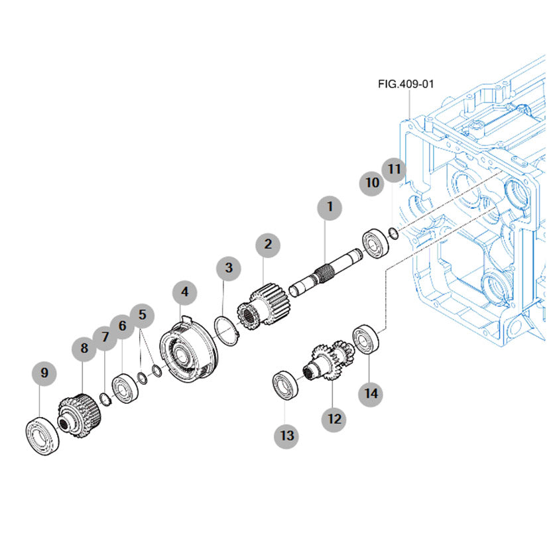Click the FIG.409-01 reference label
pyautogui.click(x=406, y=84)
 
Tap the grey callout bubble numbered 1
pyautogui.click(x=330, y=207)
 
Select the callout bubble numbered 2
pyautogui.click(x=268, y=245)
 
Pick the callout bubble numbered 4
pyautogui.click(x=184, y=292)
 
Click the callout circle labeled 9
pyautogui.click(x=44, y=373)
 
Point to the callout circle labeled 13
pyautogui.click(x=286, y=436)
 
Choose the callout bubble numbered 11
pyautogui.click(x=395, y=169)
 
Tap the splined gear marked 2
pyautogui.click(x=263, y=304)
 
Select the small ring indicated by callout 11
pyautogui.click(x=393, y=231)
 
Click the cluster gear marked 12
pyautogui.click(x=330, y=364)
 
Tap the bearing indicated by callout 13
pyautogui.click(x=287, y=385)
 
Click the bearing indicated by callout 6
pyautogui.click(x=125, y=389)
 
